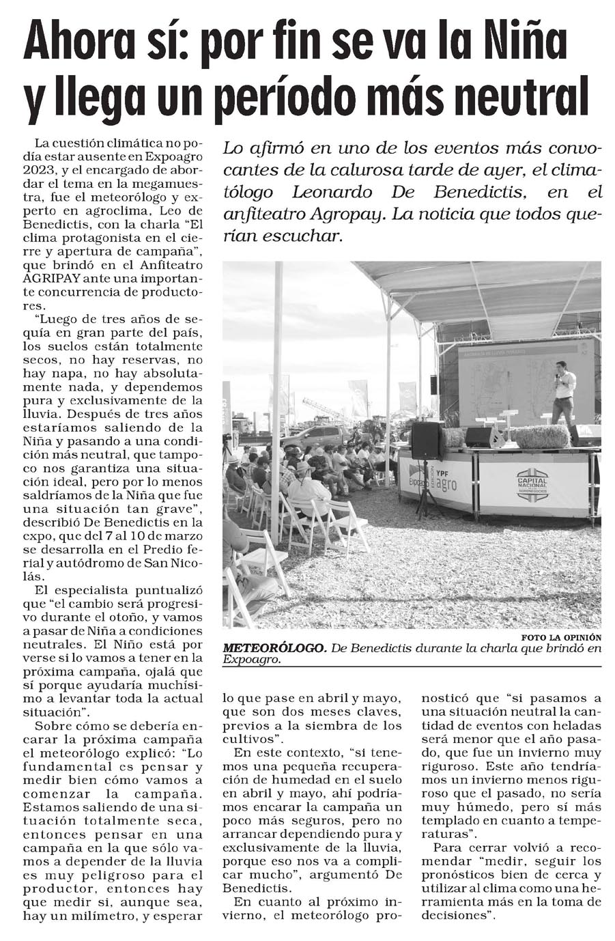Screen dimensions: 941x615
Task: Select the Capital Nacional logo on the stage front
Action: click(x=532, y=483)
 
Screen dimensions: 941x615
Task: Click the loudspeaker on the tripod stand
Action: click(x=426, y=440)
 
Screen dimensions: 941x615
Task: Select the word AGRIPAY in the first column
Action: click(x=52, y=279)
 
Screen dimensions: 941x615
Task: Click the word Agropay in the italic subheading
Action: click(x=347, y=214)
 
